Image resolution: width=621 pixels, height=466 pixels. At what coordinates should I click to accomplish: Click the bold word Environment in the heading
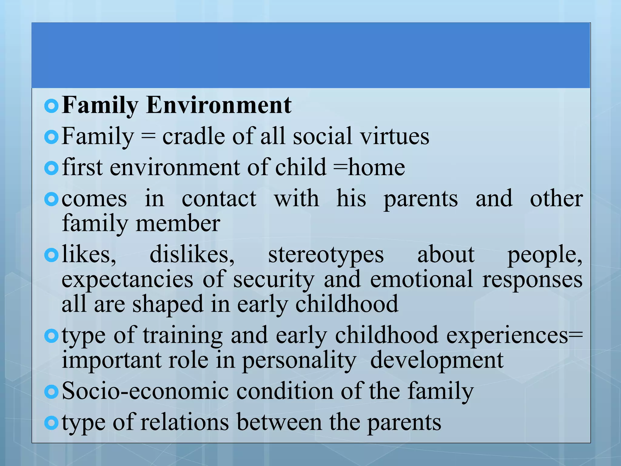point(219,105)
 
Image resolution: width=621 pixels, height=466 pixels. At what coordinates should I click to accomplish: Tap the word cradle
point(193,137)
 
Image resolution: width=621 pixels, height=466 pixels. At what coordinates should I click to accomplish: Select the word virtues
point(394,137)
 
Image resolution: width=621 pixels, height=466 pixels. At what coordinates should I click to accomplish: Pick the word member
point(178,224)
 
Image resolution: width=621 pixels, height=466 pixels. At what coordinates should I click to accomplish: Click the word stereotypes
point(326,255)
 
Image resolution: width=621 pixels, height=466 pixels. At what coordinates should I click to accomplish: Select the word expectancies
point(127,280)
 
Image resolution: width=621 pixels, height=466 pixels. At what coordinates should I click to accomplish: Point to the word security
point(274,280)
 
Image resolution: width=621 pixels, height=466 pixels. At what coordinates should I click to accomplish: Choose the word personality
point(299,361)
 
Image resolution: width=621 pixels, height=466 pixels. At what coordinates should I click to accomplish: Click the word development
point(437,361)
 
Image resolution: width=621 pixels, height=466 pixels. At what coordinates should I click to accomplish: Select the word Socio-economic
point(145,391)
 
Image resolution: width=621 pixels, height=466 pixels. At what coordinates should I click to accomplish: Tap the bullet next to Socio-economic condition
point(51,392)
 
